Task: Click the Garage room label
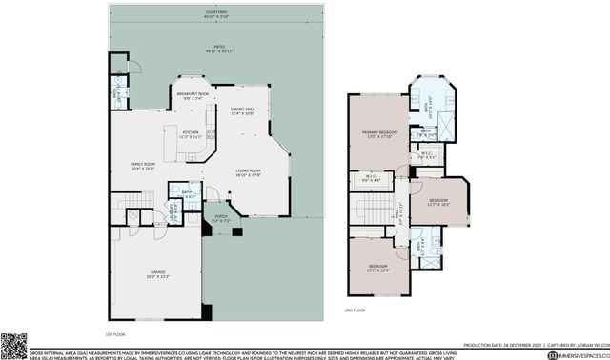(x=158, y=275)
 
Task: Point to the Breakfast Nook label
(x=193, y=96)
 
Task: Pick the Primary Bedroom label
(x=378, y=133)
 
